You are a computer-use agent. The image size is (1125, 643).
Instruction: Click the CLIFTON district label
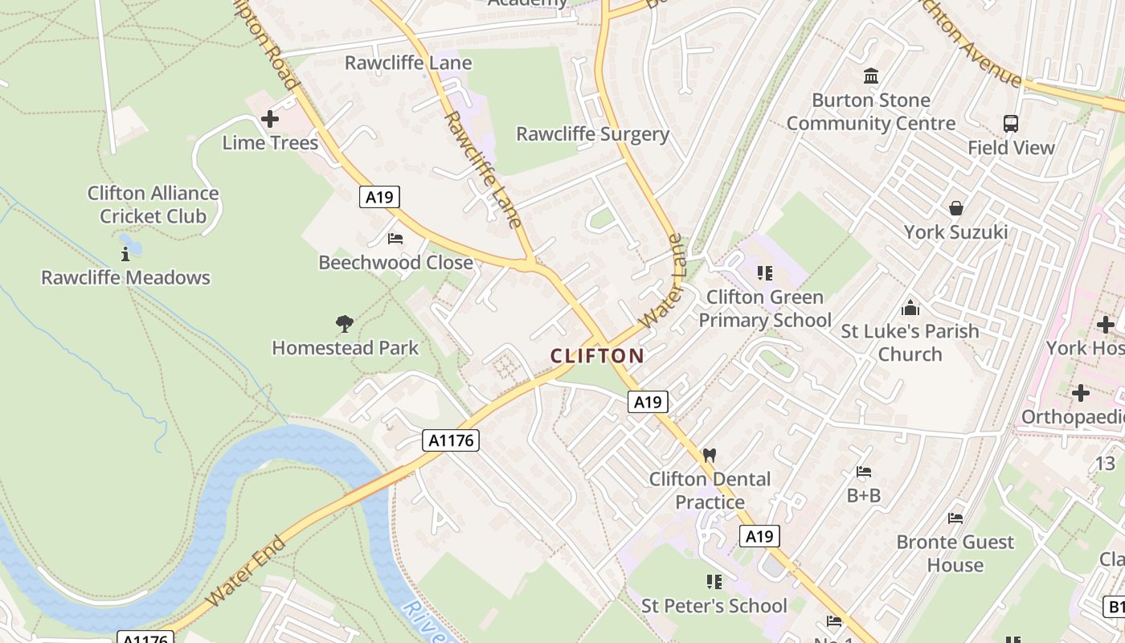(597, 355)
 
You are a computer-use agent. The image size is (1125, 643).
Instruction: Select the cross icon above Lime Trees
(270, 120)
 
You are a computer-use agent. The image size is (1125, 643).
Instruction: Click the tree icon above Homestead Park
(345, 324)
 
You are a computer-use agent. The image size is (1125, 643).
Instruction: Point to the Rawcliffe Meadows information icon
(125, 255)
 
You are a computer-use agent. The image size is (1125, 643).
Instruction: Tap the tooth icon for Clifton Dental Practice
(709, 455)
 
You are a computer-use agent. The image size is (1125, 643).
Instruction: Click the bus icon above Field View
(1011, 124)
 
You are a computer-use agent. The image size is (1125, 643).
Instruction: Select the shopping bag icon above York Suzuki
(955, 208)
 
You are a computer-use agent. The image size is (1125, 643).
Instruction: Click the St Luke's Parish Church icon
(910, 308)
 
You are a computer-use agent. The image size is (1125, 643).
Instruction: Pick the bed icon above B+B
(864, 472)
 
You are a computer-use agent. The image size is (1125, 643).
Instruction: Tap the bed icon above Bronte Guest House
(955, 518)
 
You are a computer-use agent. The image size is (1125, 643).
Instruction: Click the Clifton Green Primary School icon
(764, 273)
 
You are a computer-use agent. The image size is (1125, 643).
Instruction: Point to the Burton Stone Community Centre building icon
(870, 76)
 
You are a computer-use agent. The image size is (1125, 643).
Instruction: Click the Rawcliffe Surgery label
(592, 134)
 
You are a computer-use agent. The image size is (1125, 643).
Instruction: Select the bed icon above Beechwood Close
(395, 239)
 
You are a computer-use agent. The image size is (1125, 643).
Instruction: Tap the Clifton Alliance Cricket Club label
(153, 204)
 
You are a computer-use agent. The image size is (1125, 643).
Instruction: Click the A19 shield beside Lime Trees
(379, 197)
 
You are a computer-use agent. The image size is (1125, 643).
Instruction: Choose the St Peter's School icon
(714, 581)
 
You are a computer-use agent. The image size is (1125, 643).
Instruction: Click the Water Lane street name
(664, 281)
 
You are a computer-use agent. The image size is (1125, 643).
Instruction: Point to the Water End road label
(246, 571)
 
